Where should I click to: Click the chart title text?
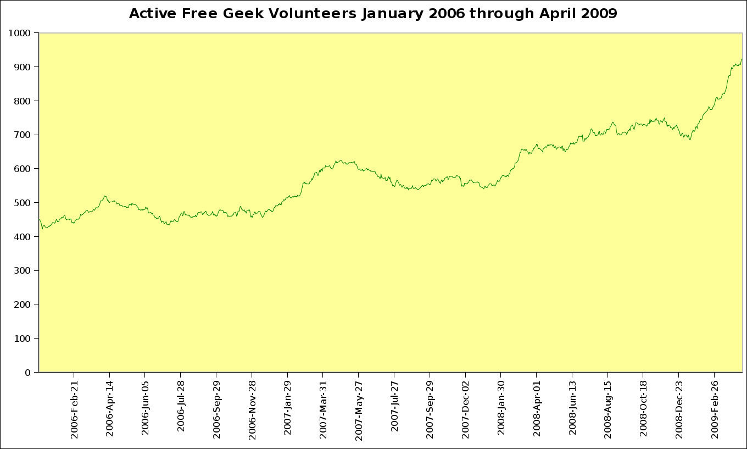[x=373, y=14]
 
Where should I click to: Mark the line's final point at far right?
[x=742, y=59]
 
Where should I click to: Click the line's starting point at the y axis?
[x=39, y=219]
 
